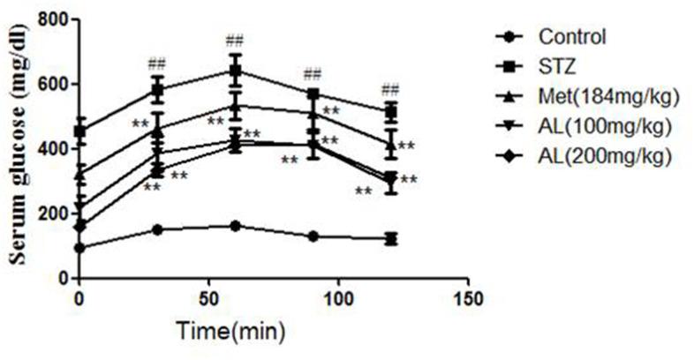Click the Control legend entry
571,37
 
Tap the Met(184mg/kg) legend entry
596,97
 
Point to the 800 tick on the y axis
55,19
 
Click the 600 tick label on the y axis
55,84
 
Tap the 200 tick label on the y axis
55,214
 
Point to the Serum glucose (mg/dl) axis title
19,148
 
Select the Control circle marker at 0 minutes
79,248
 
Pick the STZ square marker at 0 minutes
79,131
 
